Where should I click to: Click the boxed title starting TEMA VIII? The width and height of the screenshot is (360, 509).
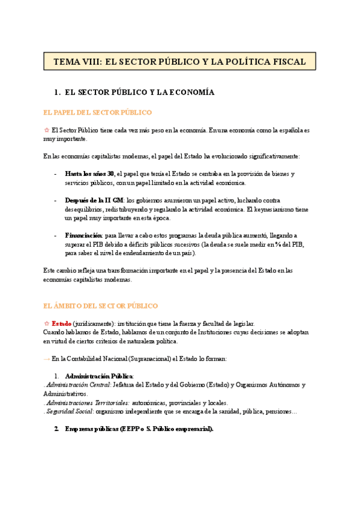179,62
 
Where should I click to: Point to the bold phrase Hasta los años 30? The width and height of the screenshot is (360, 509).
89,174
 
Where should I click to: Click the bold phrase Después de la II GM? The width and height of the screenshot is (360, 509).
94,200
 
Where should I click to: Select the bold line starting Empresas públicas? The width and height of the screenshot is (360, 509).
139,429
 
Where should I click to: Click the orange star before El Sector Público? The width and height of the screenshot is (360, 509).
47,130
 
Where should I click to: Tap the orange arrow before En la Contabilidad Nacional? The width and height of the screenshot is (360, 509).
47,359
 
